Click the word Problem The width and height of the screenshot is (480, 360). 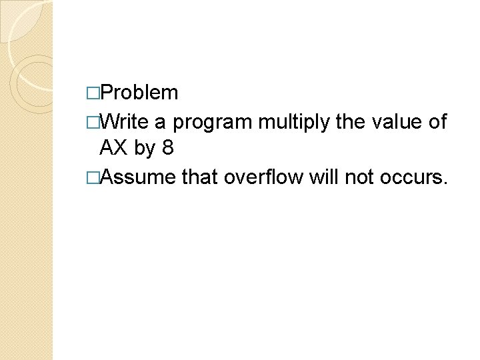141,93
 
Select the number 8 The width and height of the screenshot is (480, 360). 167,148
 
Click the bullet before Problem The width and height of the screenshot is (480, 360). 92,93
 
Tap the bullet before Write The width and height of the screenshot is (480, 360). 92,122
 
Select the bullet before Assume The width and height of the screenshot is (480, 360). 92,177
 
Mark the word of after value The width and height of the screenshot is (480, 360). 437,121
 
